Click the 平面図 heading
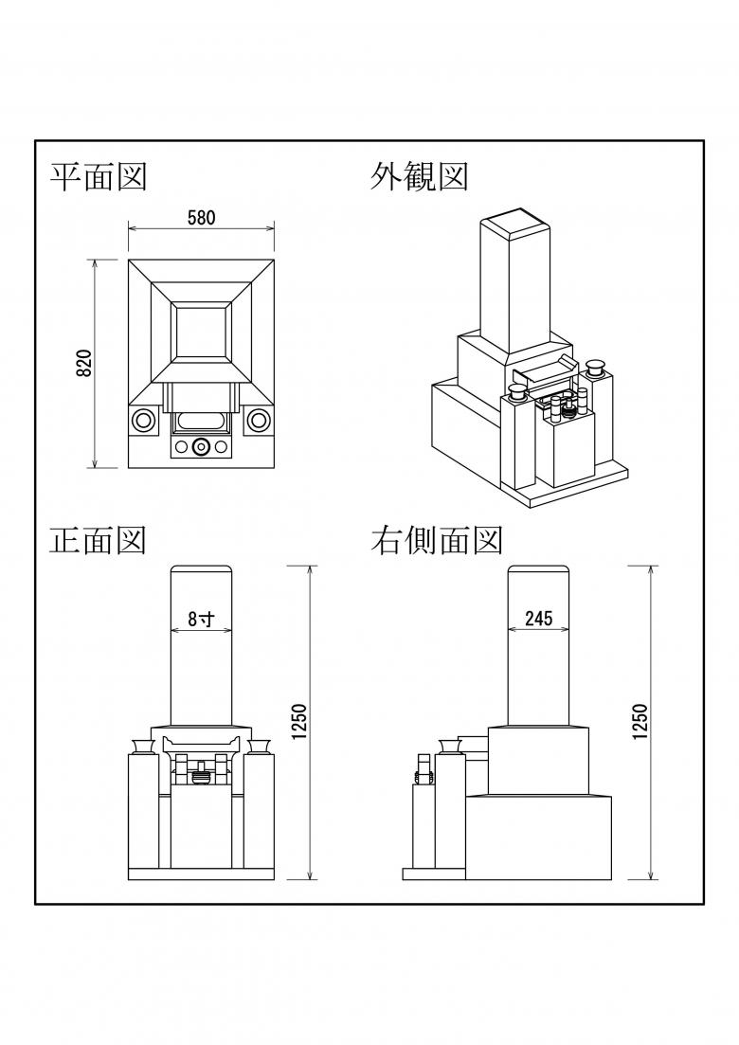coord(98,176)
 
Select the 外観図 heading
coord(419,176)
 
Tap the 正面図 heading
coord(98,540)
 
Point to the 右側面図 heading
coord(436,540)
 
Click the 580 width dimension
coord(201,217)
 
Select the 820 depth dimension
coord(83,363)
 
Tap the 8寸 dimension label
coord(201,620)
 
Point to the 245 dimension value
coord(538,620)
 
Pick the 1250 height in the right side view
coord(639,723)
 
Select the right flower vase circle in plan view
coord(258,420)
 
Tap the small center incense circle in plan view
coord(201,447)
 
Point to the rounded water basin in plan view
coord(201,421)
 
